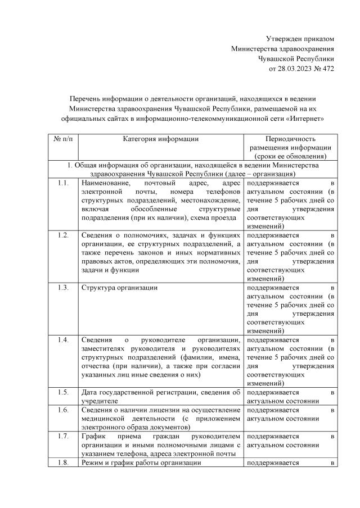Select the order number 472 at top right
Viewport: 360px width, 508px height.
(328, 68)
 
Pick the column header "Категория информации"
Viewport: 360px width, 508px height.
(161, 139)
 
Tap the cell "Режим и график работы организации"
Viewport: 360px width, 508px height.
(141, 462)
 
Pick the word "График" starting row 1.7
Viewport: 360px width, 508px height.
(93, 436)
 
